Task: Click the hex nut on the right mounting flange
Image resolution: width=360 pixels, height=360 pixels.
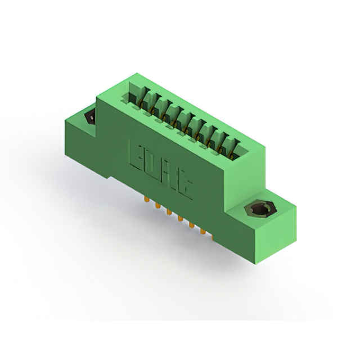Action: point(261,209)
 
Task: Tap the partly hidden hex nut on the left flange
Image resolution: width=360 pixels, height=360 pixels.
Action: point(91,117)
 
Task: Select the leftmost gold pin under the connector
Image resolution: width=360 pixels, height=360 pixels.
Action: point(146,199)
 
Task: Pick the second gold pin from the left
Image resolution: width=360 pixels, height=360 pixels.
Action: point(157,205)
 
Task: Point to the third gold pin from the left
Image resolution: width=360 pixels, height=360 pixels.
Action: point(169,211)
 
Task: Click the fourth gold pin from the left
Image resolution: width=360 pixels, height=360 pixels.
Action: point(180,218)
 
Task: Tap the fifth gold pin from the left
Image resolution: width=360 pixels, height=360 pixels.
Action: point(191,224)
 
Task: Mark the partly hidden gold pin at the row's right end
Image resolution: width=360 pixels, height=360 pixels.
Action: point(213,236)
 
